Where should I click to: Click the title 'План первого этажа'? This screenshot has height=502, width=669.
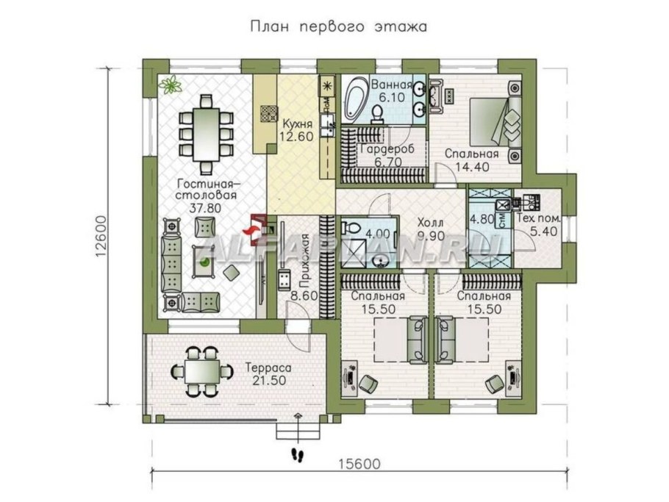[339, 27]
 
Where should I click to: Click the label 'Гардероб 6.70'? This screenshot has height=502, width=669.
[387, 156]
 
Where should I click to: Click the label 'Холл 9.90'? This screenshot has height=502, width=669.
[431, 229]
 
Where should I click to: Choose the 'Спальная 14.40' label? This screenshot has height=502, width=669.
[471, 160]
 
